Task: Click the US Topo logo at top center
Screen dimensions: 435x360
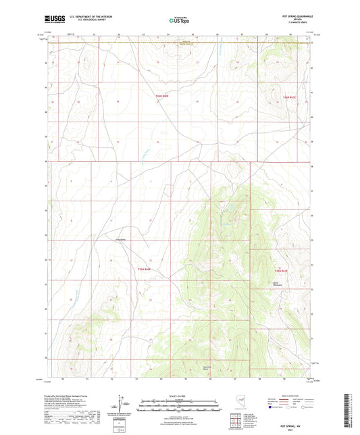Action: [179, 20]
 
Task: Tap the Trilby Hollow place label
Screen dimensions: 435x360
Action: [120, 239]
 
